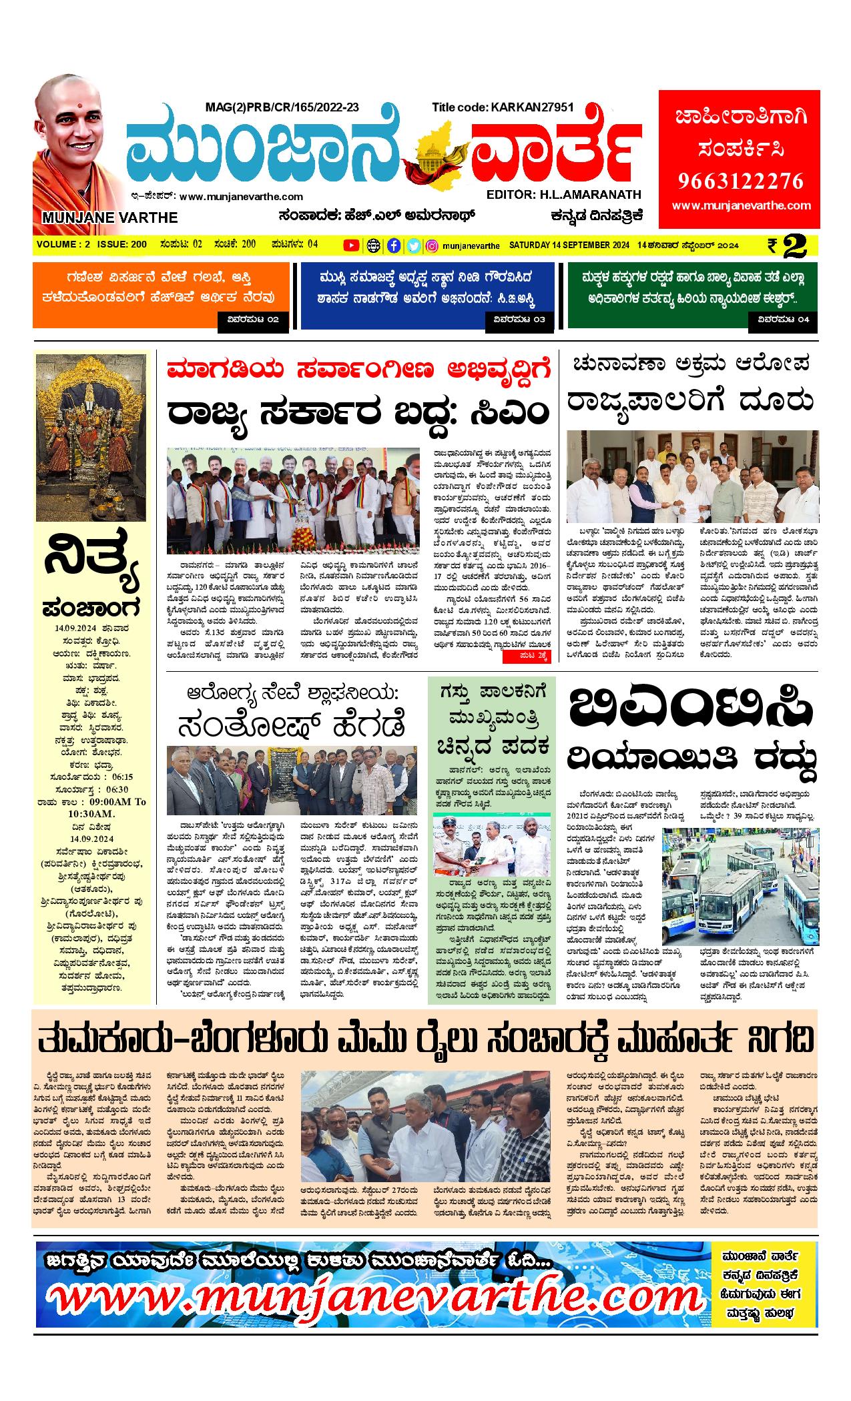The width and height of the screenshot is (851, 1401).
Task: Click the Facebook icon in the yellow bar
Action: [x=394, y=246]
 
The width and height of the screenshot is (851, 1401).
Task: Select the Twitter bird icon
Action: [x=413, y=246]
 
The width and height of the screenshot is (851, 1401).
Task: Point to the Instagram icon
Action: [x=432, y=246]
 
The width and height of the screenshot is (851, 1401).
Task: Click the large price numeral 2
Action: [x=796, y=246]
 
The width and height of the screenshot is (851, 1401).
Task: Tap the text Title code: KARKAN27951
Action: [x=503, y=107]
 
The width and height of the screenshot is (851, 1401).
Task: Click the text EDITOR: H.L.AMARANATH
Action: [x=563, y=195]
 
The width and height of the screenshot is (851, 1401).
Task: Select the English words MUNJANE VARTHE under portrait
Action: [x=110, y=217]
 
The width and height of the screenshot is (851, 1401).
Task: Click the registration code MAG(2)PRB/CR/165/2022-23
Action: [x=282, y=107]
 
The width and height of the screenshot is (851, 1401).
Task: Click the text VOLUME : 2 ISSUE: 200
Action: [x=92, y=245]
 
